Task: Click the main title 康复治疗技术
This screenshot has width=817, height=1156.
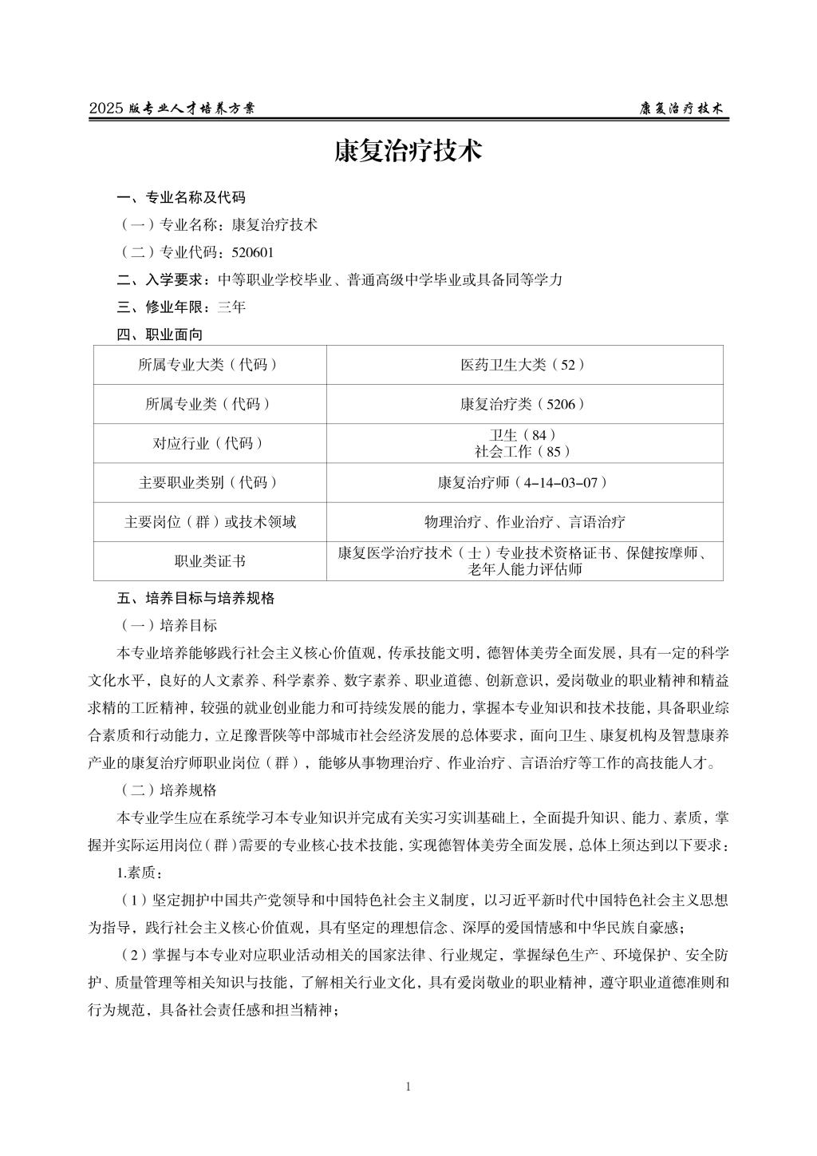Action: [x=408, y=152]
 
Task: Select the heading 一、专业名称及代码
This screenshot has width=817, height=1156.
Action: [x=181, y=198]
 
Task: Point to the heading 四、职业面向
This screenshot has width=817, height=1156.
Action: [x=160, y=335]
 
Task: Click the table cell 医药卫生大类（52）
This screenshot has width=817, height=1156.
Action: [x=523, y=365]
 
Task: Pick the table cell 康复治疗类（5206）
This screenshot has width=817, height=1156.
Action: [x=523, y=404]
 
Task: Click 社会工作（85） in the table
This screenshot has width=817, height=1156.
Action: [x=523, y=451]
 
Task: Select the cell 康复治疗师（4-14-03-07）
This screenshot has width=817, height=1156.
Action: [x=523, y=482]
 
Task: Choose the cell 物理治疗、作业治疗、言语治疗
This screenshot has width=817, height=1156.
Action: [x=523, y=522]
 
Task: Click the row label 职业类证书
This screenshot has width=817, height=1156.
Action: [x=210, y=561]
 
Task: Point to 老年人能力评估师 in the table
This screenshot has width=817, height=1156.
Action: [x=524, y=569]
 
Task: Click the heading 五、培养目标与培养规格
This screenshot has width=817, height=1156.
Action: [x=195, y=598]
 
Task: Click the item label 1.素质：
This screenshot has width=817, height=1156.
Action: [x=140, y=873]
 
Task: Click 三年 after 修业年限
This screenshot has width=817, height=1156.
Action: [x=231, y=307]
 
